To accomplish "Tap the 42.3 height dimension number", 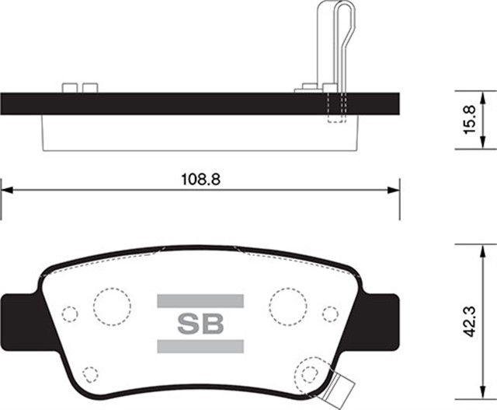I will (468, 321).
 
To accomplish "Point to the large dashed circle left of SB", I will (111, 304).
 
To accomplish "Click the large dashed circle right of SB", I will (288, 304).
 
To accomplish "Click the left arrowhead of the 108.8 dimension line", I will (7, 189).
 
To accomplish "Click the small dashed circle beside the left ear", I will (69, 314).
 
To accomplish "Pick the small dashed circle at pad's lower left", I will (91, 373).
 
